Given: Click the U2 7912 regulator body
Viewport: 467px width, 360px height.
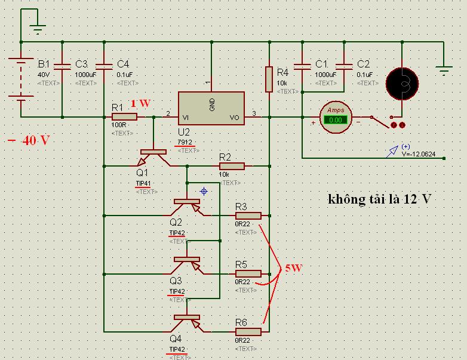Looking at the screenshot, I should point(211,108).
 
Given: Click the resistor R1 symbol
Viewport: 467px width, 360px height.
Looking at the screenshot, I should point(124,117).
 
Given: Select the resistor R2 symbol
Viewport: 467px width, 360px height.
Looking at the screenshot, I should point(231,166).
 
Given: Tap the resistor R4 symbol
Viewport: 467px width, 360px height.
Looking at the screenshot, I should point(269,79).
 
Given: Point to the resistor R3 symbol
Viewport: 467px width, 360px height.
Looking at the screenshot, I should point(248,215).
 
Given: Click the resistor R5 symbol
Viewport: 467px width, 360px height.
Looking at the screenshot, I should point(248,273).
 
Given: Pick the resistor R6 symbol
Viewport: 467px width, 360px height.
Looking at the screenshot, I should point(248,331).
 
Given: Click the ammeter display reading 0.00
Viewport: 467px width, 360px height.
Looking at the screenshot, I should point(336,119).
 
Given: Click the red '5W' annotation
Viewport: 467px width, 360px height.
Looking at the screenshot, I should point(293,269).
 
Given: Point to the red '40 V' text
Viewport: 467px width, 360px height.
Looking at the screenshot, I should point(29,141).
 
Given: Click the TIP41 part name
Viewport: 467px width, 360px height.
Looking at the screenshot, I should point(144,183).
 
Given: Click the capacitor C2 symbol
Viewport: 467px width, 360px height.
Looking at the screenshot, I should point(345,64).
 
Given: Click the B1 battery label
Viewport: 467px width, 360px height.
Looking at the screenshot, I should point(44,64).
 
